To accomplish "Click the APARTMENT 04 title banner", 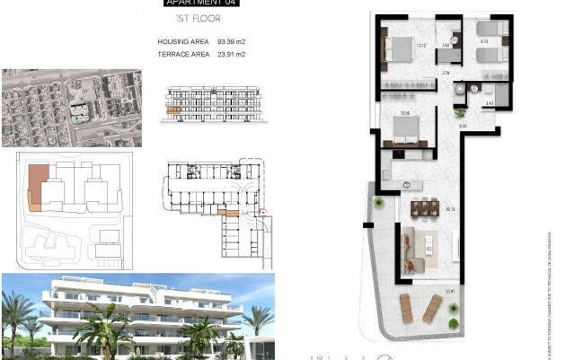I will tap(202, 4).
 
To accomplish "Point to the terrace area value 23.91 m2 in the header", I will tap(232, 55).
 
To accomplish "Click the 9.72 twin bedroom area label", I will tap(483, 41).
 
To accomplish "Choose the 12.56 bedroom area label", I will tap(405, 113).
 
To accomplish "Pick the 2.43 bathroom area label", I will tap(489, 104).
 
